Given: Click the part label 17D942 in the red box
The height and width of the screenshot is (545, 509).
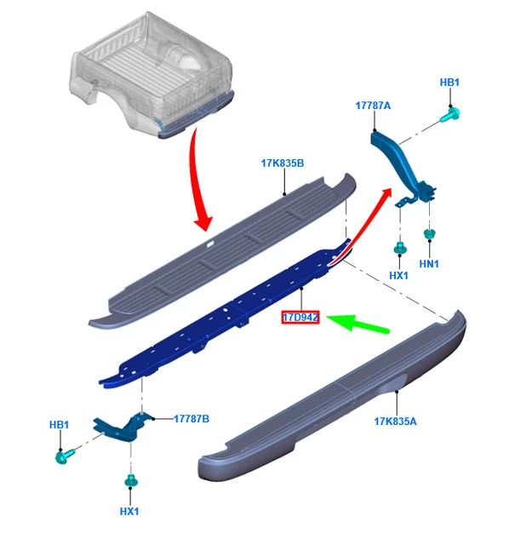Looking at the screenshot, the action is click(x=300, y=317).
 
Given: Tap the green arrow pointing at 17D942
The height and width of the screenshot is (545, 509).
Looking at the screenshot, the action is click(x=357, y=324).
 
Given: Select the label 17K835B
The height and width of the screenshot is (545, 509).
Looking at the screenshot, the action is click(x=283, y=163).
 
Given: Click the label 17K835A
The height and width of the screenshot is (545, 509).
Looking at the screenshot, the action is click(x=395, y=422).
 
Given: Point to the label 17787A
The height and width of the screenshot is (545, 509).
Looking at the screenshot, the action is click(x=373, y=106).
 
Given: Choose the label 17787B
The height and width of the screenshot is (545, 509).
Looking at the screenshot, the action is click(x=192, y=419).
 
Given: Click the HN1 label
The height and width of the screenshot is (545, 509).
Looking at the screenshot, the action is click(x=429, y=264).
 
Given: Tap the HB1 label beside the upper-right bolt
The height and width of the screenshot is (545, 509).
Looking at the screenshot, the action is click(x=449, y=83).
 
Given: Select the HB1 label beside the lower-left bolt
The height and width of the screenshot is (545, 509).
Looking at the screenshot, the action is click(x=59, y=425).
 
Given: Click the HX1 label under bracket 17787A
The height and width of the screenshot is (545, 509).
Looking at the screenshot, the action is click(x=398, y=276).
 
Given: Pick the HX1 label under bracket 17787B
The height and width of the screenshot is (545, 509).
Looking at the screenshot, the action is click(x=129, y=512).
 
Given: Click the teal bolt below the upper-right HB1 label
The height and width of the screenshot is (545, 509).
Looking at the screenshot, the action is click(x=450, y=115).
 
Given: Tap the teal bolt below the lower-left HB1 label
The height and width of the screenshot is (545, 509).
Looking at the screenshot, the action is click(x=65, y=456).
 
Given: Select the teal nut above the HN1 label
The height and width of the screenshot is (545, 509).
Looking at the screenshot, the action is click(x=430, y=233).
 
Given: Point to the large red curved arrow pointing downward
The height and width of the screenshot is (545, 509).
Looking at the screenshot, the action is click(x=197, y=181).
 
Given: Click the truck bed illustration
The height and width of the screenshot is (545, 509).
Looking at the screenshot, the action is click(x=152, y=74).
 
